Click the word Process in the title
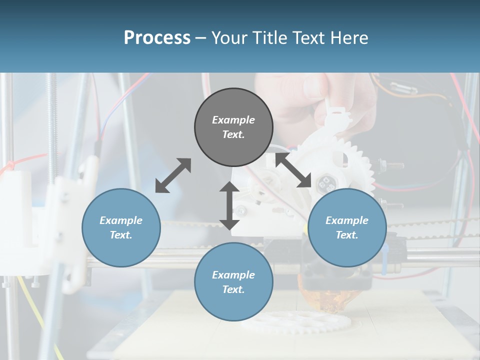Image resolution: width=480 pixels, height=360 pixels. tap(157, 38)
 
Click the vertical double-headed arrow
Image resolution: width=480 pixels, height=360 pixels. tap(229, 205)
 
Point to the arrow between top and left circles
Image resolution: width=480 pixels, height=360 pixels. tap(173, 175)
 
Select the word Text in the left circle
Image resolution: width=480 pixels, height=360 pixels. tap(121, 235)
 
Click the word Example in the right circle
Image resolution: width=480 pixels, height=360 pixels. tap(347, 220)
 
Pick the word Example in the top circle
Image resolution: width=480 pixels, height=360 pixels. tap(233, 120)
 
